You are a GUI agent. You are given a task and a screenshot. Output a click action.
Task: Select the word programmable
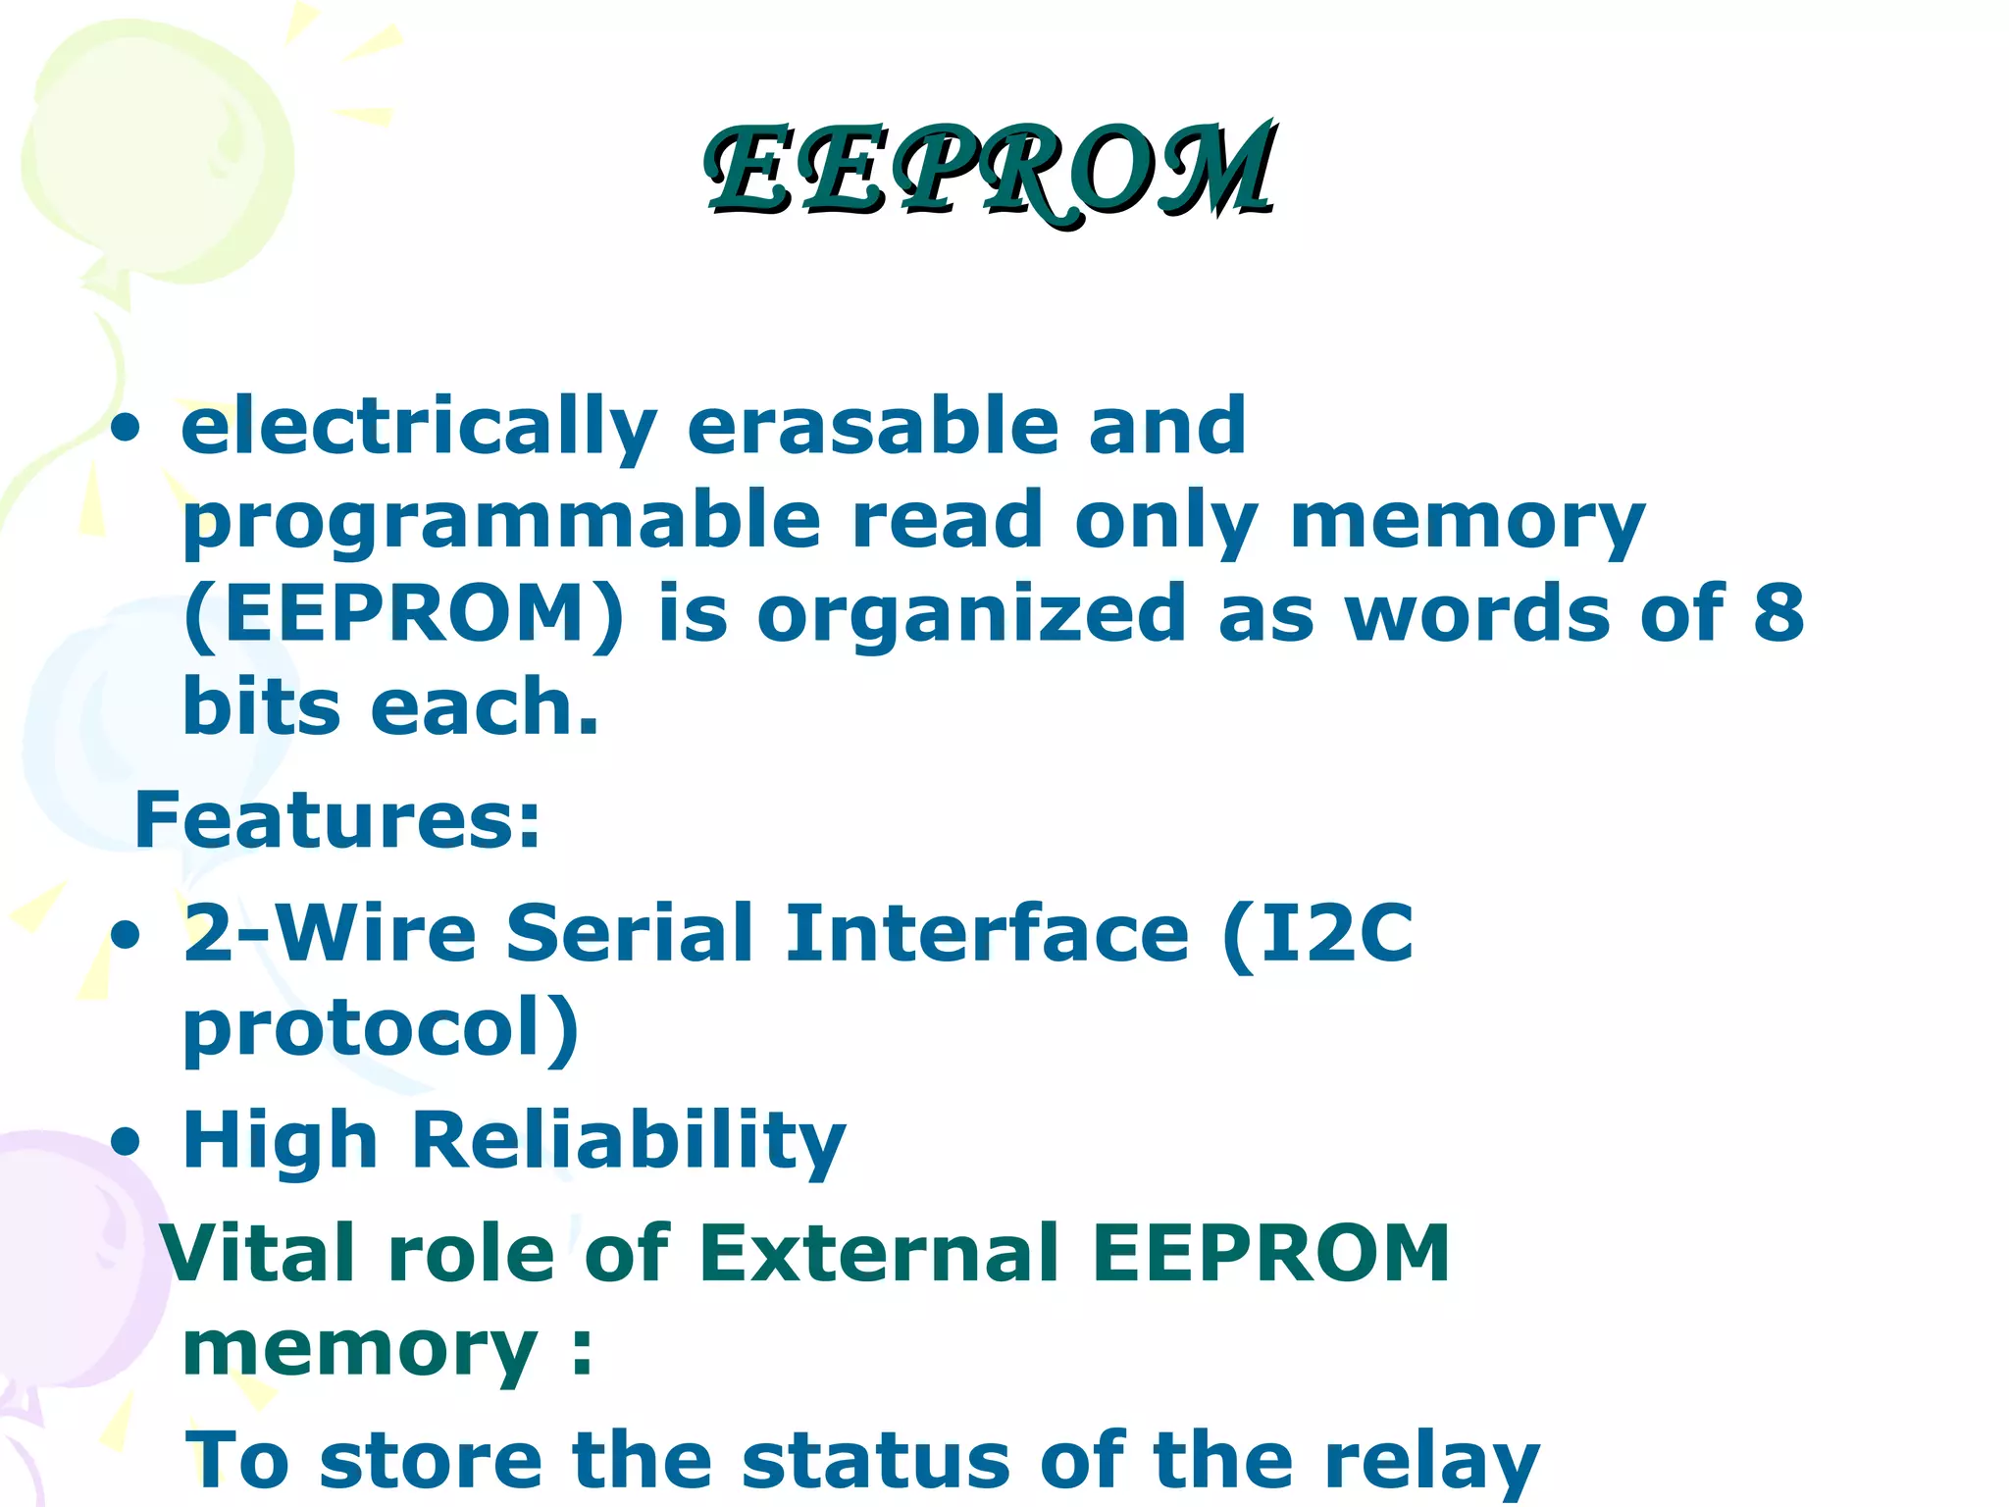pos(501,522)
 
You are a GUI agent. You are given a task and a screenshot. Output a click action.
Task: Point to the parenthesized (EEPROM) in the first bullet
pos(403,614)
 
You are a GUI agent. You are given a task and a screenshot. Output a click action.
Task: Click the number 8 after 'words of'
pos(1778,612)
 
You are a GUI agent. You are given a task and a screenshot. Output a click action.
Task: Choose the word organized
pos(971,616)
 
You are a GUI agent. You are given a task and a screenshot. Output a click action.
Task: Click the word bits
pos(261,706)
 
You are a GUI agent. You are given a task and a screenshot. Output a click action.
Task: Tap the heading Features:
pos(337,820)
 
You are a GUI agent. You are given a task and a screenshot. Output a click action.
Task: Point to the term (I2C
pos(1317,934)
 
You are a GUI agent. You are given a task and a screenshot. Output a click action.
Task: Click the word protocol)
pos(381,1030)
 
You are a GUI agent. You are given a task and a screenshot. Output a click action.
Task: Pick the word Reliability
pos(628,1142)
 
